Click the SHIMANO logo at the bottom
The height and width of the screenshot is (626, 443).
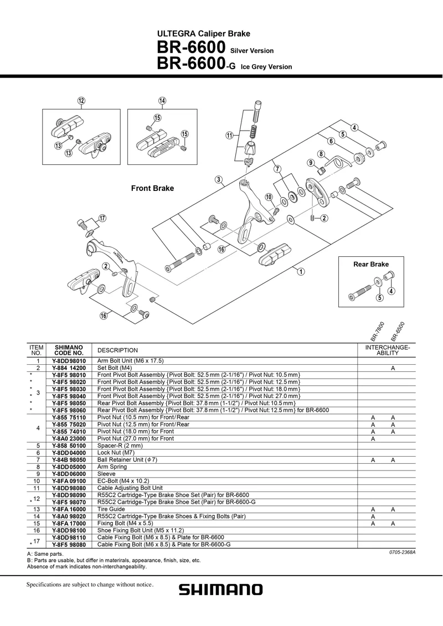coord(220,589)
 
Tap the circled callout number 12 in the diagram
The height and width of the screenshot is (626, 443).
coord(81,101)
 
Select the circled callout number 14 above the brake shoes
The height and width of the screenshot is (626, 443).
coord(162,101)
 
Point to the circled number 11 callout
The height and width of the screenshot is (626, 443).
coord(229,136)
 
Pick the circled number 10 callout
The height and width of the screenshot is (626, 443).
coord(269,197)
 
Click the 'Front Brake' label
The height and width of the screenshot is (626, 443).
coord(152,188)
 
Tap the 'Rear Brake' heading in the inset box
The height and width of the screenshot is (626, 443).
coord(371,265)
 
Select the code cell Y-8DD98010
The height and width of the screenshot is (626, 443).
coord(69,361)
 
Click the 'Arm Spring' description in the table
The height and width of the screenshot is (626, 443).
coord(112,467)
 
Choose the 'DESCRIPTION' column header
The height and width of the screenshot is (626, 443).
coord(117,350)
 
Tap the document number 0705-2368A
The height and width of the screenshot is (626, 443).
coord(401,552)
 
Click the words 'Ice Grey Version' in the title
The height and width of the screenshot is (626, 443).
coord(266,67)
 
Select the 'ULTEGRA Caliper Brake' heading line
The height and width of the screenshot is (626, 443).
coord(204,34)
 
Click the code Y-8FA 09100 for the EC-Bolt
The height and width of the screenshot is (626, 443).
coord(69,481)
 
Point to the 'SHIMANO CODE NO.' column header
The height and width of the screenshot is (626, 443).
coord(69,350)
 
